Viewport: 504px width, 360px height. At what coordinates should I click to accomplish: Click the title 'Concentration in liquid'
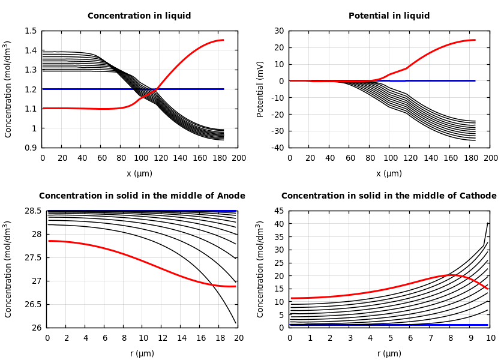click(x=139, y=16)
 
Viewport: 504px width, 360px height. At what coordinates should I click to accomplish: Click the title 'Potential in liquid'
click(x=389, y=16)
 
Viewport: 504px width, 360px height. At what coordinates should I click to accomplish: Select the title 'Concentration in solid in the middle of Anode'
click(x=142, y=196)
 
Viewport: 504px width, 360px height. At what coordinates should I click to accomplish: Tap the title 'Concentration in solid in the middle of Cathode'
click(x=389, y=196)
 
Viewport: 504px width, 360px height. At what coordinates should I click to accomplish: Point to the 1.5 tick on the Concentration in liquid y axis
click(x=31, y=31)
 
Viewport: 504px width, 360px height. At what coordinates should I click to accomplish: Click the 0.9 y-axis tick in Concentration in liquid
click(x=31, y=148)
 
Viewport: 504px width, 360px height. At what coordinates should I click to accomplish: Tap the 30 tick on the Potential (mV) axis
click(x=278, y=31)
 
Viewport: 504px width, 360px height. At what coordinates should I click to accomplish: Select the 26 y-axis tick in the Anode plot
click(x=36, y=328)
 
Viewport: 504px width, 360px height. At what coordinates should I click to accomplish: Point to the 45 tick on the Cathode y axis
click(x=278, y=211)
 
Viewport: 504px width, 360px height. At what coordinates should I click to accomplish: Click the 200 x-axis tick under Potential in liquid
click(x=490, y=158)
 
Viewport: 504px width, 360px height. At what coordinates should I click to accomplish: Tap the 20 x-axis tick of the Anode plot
click(x=238, y=338)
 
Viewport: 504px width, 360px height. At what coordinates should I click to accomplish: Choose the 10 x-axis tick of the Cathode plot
click(x=490, y=338)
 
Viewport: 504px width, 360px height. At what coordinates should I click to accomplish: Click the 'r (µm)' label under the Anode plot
click(x=142, y=353)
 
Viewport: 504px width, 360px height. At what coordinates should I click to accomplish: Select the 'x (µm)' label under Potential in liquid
click(x=389, y=173)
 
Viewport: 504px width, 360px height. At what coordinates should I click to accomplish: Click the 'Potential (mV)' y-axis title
click(x=260, y=89)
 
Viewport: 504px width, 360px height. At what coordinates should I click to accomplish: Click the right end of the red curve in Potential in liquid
click(x=475, y=40)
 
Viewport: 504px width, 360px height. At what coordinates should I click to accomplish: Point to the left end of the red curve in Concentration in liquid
click(x=43, y=109)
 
